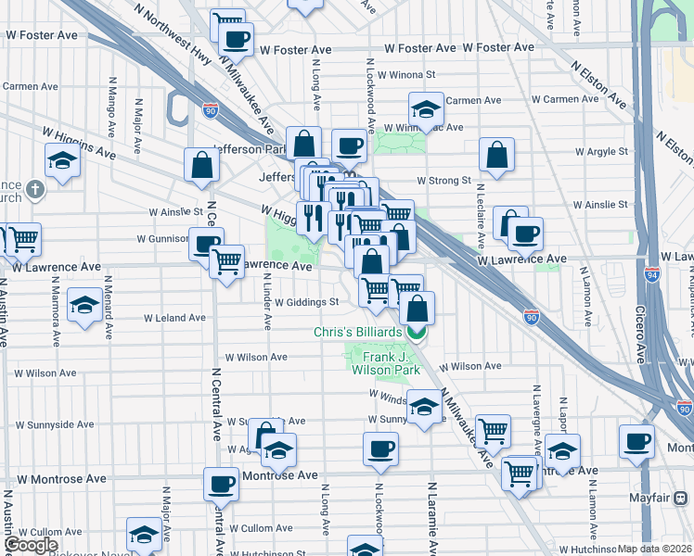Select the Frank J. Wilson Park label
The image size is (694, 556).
[385, 363]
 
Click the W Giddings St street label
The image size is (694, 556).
[310, 302]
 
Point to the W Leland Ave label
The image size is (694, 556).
[174, 318]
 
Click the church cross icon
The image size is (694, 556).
[35, 190]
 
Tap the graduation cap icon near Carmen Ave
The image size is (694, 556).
[425, 109]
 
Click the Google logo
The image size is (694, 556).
[31, 545]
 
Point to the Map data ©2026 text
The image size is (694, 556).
[654, 549]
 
